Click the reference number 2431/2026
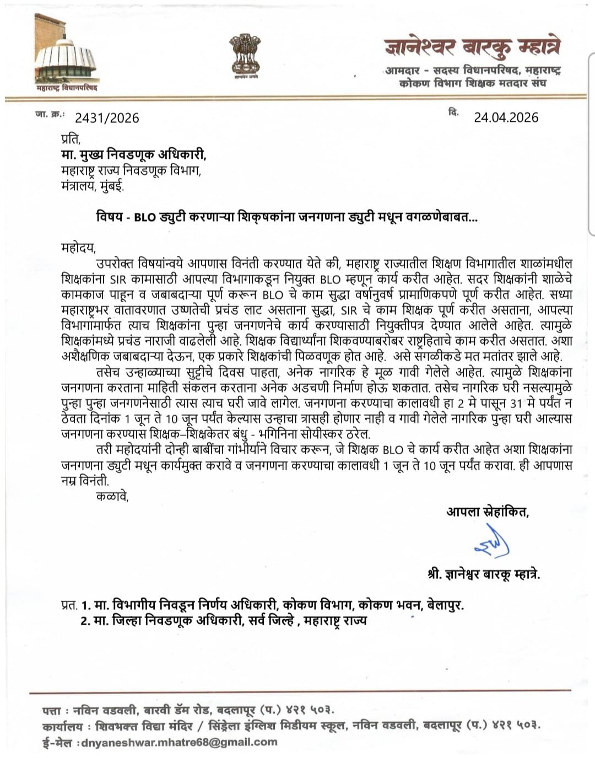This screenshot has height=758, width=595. pyautogui.click(x=107, y=117)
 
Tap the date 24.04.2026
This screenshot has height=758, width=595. pyautogui.click(x=506, y=117)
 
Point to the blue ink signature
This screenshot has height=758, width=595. pyautogui.click(x=491, y=543)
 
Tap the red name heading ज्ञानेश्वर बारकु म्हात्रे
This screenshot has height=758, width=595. pyautogui.click(x=472, y=47)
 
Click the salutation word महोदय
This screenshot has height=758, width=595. pyautogui.click(x=78, y=246)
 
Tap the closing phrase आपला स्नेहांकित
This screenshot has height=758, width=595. pyautogui.click(x=487, y=512)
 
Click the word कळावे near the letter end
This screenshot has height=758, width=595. pyautogui.click(x=112, y=496)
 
